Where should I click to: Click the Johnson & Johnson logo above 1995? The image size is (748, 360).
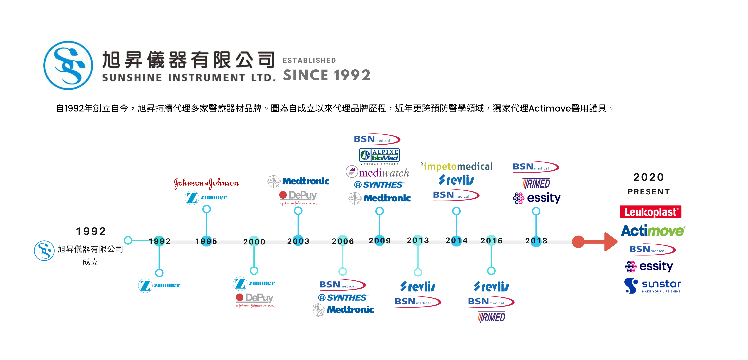206,183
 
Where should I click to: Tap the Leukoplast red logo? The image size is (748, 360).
650,212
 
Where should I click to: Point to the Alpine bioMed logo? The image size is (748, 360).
379,155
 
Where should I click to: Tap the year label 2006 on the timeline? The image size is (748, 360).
343,241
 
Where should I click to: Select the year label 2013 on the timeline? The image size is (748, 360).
418,240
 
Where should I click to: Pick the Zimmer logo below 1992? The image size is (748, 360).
159,285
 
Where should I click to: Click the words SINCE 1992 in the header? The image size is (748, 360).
327,75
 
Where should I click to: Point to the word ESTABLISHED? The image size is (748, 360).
309,60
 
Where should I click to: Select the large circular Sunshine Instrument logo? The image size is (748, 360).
68,65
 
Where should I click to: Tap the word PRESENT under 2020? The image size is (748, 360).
649,192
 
